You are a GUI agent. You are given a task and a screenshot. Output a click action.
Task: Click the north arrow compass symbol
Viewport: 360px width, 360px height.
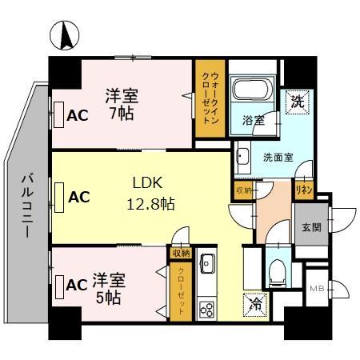pos(65,35)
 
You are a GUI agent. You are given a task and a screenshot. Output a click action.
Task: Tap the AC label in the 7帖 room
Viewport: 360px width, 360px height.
pos(77,115)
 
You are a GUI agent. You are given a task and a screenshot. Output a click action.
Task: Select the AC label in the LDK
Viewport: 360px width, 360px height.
pos(78,196)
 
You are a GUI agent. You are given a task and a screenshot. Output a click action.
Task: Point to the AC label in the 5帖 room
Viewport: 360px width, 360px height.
pos(77,284)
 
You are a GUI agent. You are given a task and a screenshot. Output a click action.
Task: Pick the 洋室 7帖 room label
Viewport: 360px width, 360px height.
pos(122,105)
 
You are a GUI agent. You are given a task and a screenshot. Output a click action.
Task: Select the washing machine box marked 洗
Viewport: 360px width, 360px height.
pos(296,102)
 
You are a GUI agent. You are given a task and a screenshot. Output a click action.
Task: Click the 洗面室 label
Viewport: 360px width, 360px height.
pos(278,157)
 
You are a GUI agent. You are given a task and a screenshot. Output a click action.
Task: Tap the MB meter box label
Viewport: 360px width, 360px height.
pos(316,287)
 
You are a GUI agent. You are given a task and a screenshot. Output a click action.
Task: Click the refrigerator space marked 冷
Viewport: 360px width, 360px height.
pos(253,305)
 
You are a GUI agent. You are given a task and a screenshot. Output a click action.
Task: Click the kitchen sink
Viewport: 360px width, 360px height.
pos(206,263)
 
